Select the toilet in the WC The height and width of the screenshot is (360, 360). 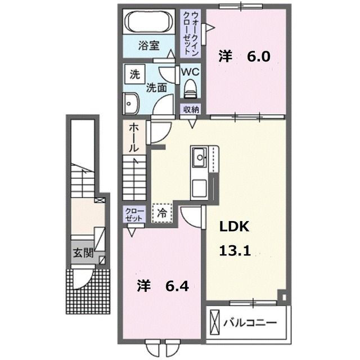(x=190, y=87)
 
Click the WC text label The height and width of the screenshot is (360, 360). (x=189, y=71)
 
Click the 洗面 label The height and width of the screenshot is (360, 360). (x=156, y=87)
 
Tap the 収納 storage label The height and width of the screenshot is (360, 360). (x=190, y=110)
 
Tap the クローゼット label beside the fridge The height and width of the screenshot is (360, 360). (x=134, y=214)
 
